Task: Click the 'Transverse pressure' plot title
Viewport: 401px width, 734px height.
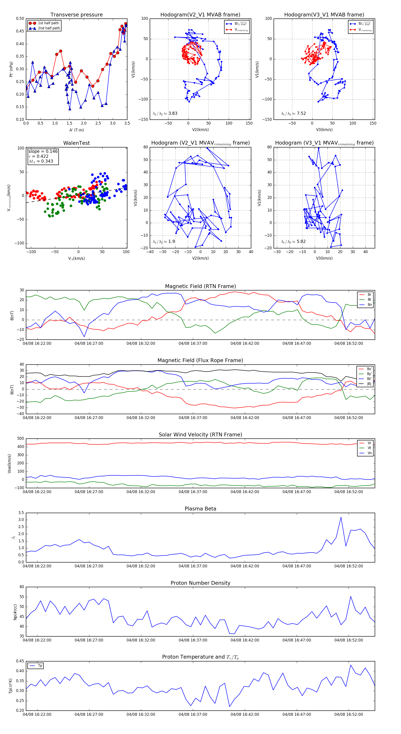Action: (x=76, y=15)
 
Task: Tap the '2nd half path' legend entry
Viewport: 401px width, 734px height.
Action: (x=49, y=28)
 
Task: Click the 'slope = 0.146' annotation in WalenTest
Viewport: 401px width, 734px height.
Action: (x=43, y=151)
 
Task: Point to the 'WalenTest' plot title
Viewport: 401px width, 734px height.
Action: (x=76, y=143)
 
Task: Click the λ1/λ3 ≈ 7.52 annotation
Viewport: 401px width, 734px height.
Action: (x=293, y=113)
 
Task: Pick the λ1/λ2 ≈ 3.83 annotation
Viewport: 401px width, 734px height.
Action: (x=165, y=113)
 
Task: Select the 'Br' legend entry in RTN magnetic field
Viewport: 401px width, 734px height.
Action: (x=369, y=295)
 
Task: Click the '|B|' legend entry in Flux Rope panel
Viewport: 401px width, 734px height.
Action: (x=369, y=384)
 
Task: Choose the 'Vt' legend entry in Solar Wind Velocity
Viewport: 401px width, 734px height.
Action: (x=369, y=448)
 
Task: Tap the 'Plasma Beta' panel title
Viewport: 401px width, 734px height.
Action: (x=200, y=509)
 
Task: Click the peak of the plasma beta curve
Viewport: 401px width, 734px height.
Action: (x=341, y=517)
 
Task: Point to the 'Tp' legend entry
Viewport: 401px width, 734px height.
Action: (x=40, y=666)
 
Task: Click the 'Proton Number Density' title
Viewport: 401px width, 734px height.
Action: (x=200, y=583)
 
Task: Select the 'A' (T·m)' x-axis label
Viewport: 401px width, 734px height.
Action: (x=76, y=130)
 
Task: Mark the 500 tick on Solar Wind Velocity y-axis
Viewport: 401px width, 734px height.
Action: (x=20, y=439)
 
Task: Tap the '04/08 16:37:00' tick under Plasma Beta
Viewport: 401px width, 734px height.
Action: (x=193, y=566)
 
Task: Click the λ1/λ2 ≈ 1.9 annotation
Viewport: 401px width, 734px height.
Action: (x=164, y=242)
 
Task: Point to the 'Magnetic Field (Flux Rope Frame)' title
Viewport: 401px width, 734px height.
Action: (x=200, y=361)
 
